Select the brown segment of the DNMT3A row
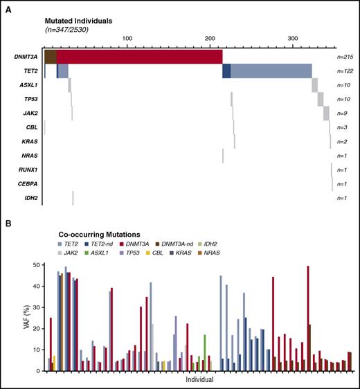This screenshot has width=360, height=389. (x=50, y=57)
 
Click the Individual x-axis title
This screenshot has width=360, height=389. (x=199, y=379)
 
